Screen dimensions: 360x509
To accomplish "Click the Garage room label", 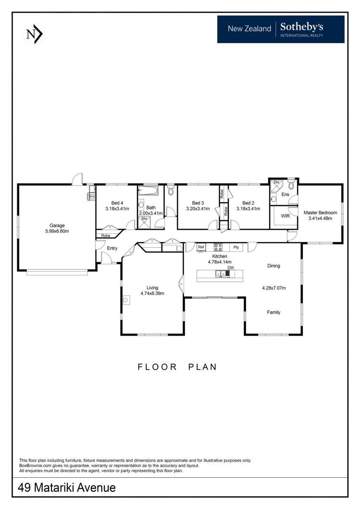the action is tap(57, 225).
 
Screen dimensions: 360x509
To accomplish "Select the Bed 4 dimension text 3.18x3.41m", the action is tap(117, 209).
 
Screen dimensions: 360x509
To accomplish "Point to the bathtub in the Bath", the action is tap(148, 191).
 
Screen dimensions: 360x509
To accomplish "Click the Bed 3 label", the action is tap(198, 203).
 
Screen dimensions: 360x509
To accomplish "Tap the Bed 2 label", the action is tap(248, 203).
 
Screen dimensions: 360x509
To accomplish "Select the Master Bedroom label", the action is tap(320, 213).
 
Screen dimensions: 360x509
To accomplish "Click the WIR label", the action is tap(285, 216).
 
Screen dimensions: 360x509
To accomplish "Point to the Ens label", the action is tap(285, 194).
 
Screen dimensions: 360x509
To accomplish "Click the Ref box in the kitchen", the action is tap(201, 247).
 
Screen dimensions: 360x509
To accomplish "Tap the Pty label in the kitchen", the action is tap(236, 247).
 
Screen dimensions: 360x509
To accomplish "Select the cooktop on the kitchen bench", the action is tap(218, 247).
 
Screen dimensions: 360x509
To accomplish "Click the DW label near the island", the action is tap(231, 267).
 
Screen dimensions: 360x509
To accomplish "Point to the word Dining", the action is tap(273, 266).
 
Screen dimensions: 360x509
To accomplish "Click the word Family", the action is tap(273, 312).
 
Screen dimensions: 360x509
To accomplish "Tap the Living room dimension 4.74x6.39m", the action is tap(152, 293).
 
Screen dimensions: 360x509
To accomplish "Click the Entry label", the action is tap(112, 248).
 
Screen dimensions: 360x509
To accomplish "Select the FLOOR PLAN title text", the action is tap(177, 367).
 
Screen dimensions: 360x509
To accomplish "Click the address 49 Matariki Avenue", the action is tap(67, 487).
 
